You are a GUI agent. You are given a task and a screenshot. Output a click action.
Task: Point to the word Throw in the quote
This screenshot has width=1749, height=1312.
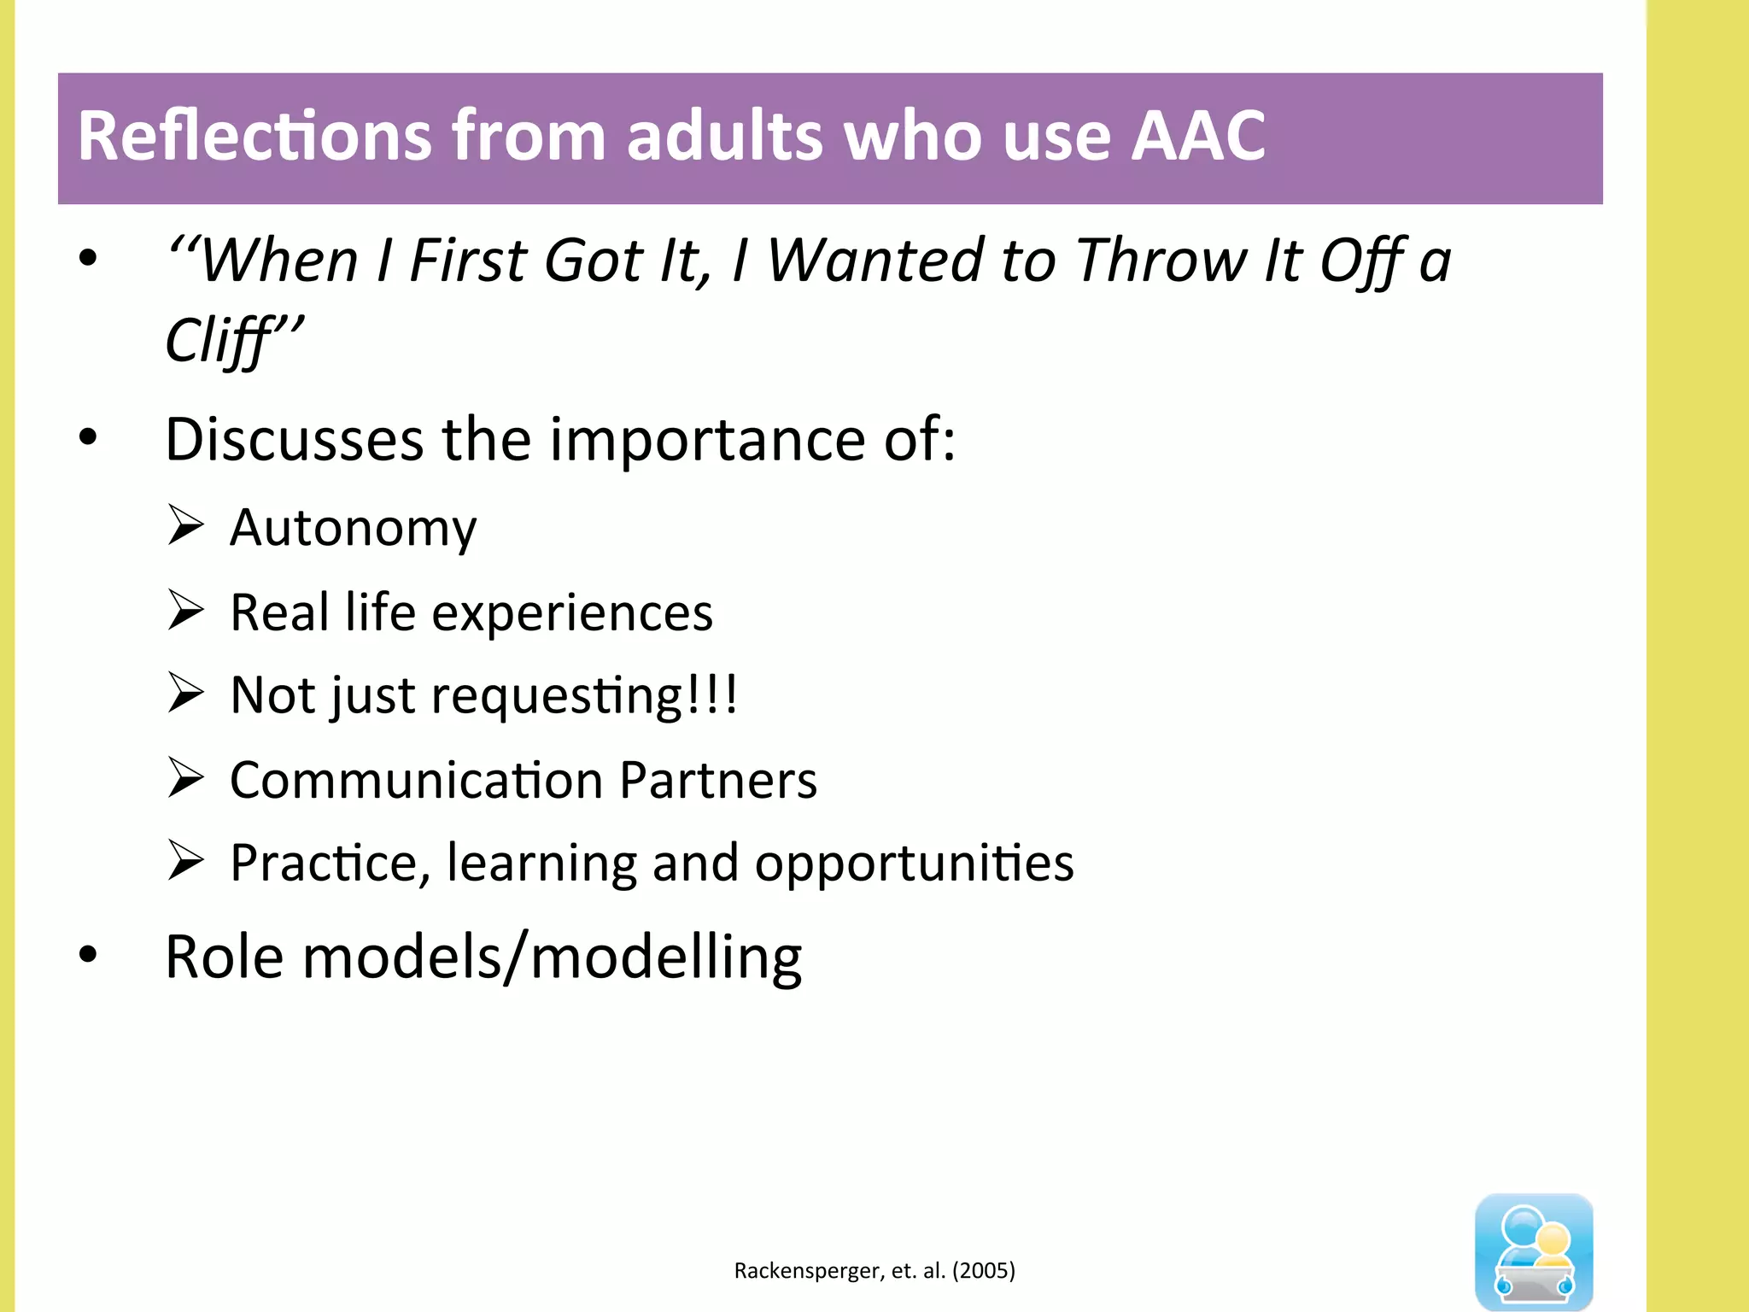[x=1161, y=261]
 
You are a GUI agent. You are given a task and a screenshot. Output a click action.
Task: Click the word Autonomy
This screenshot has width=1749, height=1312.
[x=353, y=529]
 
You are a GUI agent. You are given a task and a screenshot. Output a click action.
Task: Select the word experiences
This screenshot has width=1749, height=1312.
[x=571, y=613]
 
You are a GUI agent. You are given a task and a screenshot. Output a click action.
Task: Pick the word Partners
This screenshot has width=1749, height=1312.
[x=717, y=781]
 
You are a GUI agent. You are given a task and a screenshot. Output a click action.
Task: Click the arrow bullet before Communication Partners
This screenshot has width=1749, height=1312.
[x=185, y=777]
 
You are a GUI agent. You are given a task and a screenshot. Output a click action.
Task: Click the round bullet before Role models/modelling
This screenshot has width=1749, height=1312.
[x=88, y=954]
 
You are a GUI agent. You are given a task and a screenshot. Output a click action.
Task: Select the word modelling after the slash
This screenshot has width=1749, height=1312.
[x=665, y=958]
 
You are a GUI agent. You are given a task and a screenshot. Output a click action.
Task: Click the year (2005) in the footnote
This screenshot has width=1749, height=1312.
[x=984, y=1271]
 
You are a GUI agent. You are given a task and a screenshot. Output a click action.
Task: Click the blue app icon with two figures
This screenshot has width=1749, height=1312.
[x=1533, y=1250]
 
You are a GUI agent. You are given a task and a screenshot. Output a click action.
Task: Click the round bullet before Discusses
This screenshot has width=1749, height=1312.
[x=88, y=437]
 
